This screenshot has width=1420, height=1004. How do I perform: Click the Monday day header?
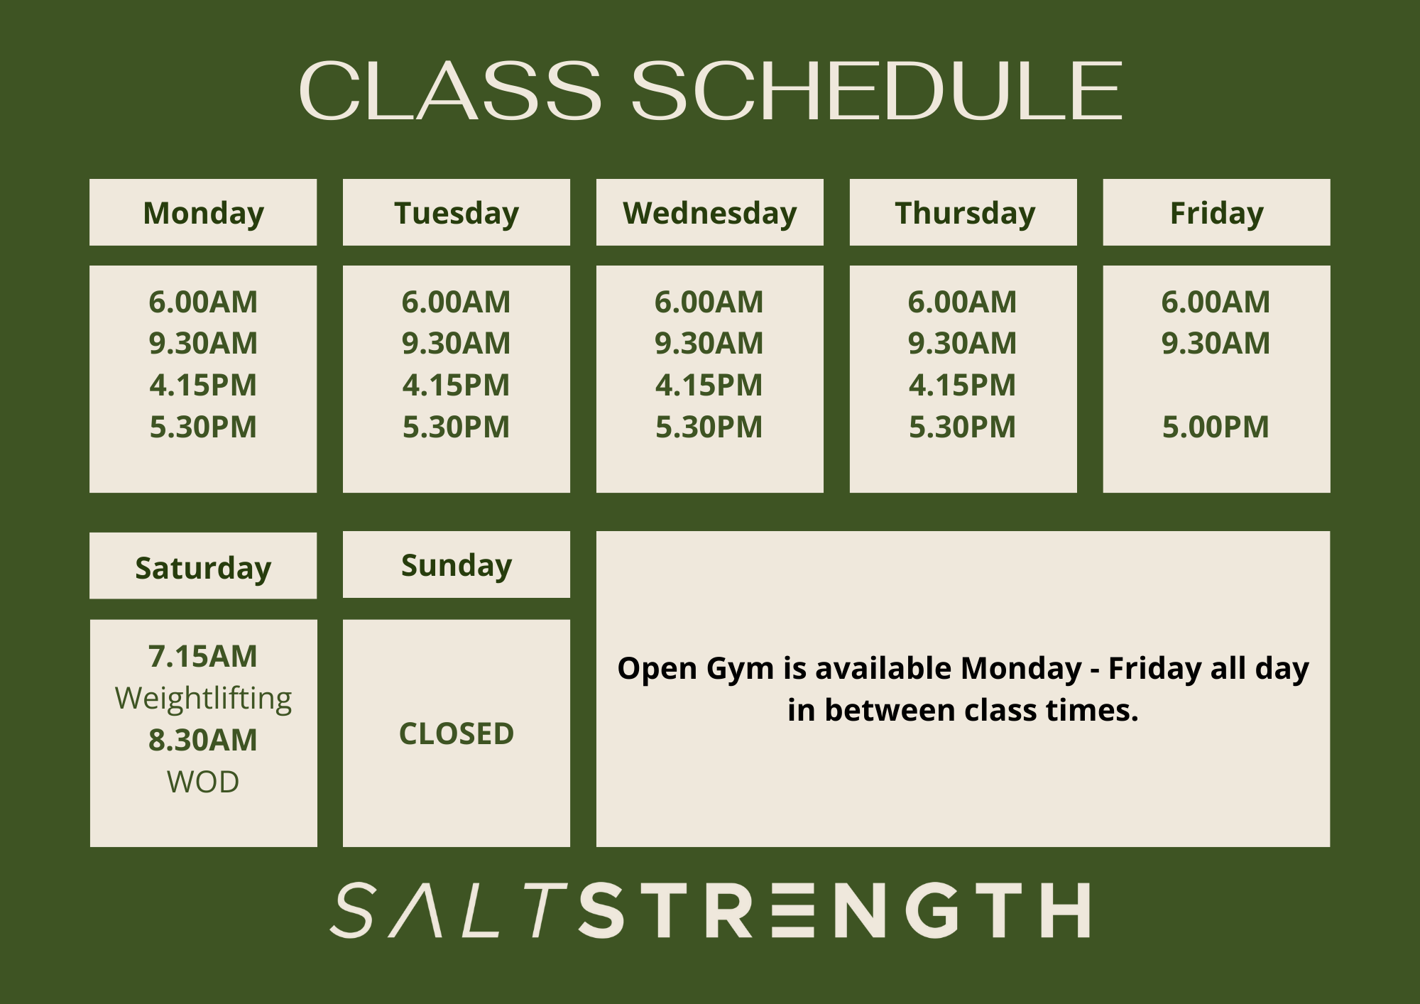[x=203, y=212]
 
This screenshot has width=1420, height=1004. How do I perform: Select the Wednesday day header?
[x=710, y=212]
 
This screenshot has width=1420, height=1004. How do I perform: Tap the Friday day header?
[x=1216, y=212]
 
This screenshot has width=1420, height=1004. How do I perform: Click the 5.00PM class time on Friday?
[x=1216, y=427]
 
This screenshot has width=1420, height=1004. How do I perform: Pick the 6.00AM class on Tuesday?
[x=456, y=302]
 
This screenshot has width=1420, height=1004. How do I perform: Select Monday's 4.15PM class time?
[x=203, y=386]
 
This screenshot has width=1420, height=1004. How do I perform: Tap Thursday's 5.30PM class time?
[x=962, y=427]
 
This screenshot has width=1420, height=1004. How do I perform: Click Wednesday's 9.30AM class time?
[x=709, y=344]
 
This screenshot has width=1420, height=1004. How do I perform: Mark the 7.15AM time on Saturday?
[x=203, y=657]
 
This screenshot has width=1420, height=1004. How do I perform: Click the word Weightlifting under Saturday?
[x=203, y=699]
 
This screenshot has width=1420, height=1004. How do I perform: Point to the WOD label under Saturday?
[x=203, y=782]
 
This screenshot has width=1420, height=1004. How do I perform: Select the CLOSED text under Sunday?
[x=457, y=734]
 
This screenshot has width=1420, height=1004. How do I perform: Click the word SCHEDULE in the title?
[x=877, y=90]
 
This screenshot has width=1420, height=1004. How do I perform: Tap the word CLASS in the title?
[x=450, y=90]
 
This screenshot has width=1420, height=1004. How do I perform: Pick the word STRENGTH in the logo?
[x=835, y=910]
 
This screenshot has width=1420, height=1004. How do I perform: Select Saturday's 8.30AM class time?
[x=203, y=741]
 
